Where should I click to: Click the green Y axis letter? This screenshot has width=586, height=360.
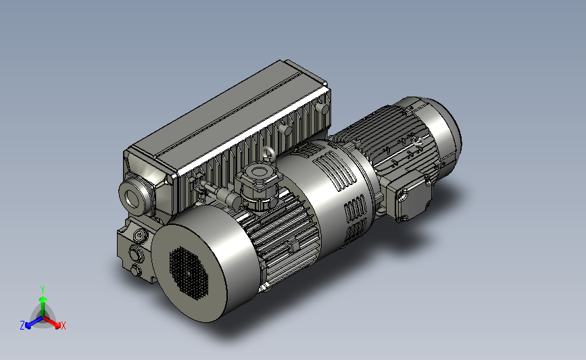tap(43, 290)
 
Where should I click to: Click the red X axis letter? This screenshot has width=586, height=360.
tap(63, 326)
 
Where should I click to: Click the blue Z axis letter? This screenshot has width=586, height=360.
tap(22, 326)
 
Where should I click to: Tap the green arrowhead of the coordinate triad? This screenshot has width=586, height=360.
tap(43, 299)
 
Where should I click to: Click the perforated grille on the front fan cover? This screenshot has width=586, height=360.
tap(189, 273)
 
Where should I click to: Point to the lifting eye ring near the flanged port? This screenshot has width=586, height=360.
tap(268, 153)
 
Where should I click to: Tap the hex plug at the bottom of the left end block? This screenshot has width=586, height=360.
tap(136, 269)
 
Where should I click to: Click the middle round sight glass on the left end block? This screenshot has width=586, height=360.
tap(136, 254)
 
